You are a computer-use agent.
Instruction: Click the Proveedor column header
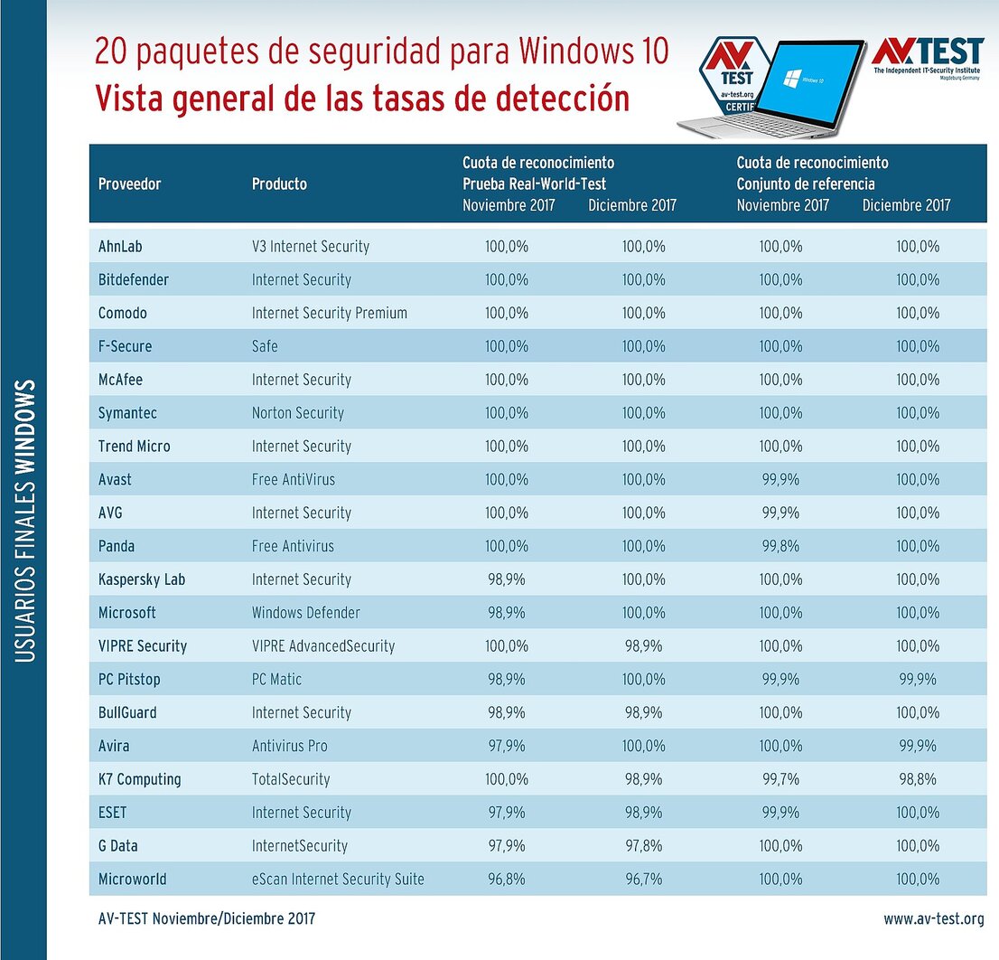click(x=129, y=184)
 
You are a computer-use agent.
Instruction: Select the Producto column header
click(x=279, y=184)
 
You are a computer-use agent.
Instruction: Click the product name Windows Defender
click(x=305, y=613)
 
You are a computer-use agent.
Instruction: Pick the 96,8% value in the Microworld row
click(x=506, y=880)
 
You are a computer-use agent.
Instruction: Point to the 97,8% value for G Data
click(x=643, y=846)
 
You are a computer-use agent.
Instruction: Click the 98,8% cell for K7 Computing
click(x=917, y=779)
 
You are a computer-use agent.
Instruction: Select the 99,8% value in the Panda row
click(x=780, y=546)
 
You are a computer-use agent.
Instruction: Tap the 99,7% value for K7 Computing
click(x=780, y=779)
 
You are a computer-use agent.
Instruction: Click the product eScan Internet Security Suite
click(x=338, y=880)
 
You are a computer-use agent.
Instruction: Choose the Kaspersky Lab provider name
click(x=142, y=579)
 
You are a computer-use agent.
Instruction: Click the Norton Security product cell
click(x=298, y=413)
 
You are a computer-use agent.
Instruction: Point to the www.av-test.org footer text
click(x=933, y=919)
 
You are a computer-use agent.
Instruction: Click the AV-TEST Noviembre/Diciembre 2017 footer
click(x=207, y=919)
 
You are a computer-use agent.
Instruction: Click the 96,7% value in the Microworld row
click(x=643, y=880)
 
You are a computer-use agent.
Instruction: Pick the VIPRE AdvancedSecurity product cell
click(x=323, y=646)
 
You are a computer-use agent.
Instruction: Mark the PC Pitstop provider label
click(x=129, y=680)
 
